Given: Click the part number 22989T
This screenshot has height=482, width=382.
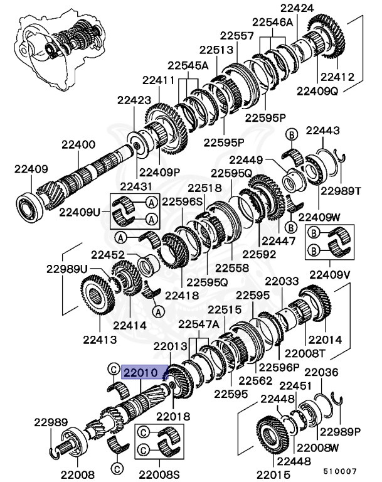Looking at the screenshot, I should (x=341, y=191).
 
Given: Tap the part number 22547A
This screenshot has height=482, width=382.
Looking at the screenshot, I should (x=199, y=324).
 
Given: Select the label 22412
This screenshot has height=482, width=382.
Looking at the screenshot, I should (x=337, y=77).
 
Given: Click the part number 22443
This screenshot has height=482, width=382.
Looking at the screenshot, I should (x=322, y=131).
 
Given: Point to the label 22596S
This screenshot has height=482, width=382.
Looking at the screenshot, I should (x=183, y=202).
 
